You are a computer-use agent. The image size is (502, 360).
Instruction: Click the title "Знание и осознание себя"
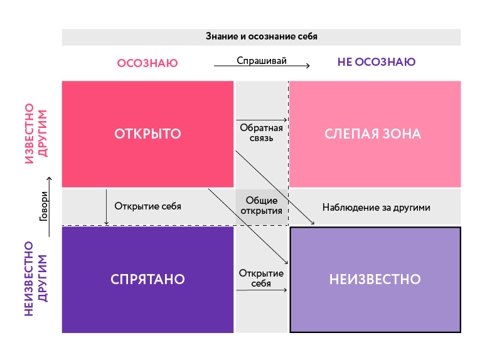261,36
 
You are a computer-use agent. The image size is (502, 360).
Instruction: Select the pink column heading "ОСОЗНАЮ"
147,63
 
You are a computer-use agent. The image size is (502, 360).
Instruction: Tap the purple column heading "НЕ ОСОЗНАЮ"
376,61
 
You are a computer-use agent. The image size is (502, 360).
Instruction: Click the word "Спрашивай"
262,60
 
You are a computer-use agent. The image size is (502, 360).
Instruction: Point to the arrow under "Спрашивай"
262,66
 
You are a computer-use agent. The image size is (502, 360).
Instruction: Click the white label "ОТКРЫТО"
147,134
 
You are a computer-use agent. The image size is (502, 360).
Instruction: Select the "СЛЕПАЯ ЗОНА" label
373,134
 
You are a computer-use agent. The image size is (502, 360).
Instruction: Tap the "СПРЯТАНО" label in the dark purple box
147,279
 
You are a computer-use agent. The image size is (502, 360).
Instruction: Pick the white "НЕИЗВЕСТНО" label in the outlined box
375,279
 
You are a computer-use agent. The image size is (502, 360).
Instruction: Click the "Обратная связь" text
261,133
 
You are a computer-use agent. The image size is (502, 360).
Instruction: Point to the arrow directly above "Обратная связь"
262,120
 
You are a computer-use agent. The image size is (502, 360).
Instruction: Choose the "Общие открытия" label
261,206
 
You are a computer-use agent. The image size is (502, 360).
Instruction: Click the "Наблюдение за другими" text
376,208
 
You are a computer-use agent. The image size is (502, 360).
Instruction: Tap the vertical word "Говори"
44,206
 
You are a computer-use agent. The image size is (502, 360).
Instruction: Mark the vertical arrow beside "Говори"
49,207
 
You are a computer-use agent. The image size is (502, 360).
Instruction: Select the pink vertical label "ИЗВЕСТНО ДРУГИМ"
36,134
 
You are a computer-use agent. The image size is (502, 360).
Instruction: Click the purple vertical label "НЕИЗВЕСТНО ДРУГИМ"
36,278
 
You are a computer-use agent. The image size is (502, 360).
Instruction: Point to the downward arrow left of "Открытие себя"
106,207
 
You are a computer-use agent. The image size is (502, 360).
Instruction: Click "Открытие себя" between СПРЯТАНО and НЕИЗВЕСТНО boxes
261,278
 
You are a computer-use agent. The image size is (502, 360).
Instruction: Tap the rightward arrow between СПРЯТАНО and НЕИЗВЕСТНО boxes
262,290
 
